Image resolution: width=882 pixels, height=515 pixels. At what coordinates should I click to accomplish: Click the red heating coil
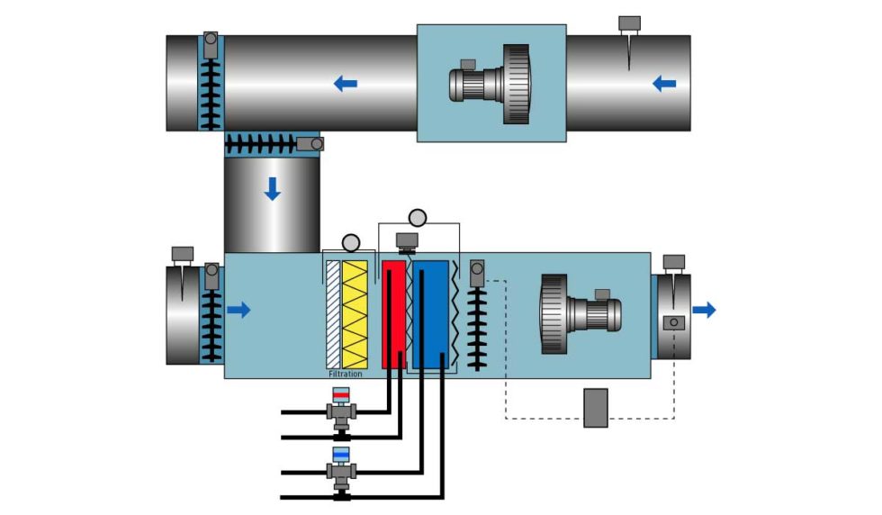tap(393, 312)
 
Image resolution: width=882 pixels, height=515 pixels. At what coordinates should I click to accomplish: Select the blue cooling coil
tap(430, 312)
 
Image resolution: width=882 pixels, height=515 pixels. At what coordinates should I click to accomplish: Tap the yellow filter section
tap(355, 314)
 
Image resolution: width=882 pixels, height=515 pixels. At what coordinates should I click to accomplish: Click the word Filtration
tap(346, 374)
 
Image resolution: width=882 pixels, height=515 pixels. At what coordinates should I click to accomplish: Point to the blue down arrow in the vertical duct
tap(272, 188)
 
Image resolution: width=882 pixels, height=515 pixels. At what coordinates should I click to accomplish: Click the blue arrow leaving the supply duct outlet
tap(705, 310)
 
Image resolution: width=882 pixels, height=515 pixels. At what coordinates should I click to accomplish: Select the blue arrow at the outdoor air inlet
tap(238, 310)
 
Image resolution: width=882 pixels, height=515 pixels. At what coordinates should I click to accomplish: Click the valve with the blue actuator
tap(341, 469)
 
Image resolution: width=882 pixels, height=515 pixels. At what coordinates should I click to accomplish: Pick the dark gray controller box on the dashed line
tap(596, 408)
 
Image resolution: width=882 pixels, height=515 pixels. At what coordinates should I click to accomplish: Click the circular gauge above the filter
tap(351, 242)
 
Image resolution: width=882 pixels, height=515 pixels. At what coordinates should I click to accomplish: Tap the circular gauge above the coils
tap(417, 217)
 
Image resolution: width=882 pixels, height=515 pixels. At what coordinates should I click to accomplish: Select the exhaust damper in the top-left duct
tap(210, 83)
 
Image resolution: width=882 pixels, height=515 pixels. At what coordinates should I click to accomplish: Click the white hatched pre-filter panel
tap(333, 314)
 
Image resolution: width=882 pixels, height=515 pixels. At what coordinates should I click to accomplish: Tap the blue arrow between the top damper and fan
tap(345, 84)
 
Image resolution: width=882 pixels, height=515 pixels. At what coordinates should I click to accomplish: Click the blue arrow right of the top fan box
tap(664, 84)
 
